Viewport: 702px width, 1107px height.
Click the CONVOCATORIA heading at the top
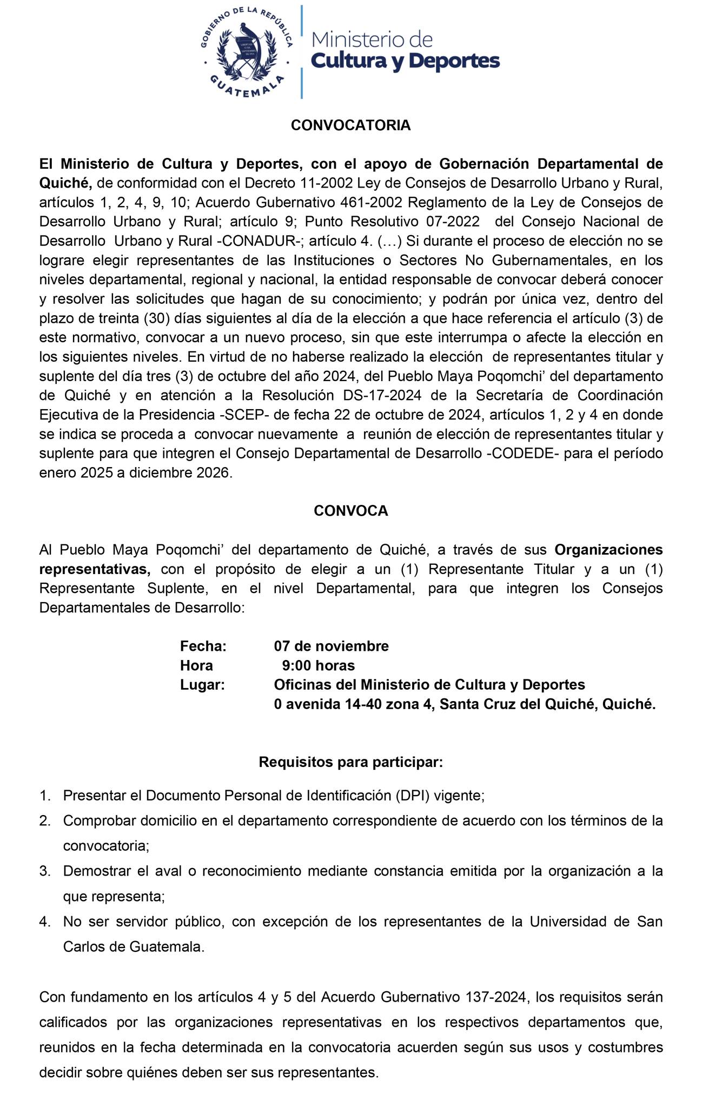[350, 125]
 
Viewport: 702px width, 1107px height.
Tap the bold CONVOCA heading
[350, 511]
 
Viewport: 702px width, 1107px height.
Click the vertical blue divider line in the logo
[301, 51]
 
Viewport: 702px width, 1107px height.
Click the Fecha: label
[203, 646]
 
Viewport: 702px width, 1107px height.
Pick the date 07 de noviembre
[331, 646]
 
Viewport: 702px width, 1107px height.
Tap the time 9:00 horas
[319, 665]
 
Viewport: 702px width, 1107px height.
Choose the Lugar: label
[202, 684]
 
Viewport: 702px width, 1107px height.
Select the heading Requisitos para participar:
[350, 762]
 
